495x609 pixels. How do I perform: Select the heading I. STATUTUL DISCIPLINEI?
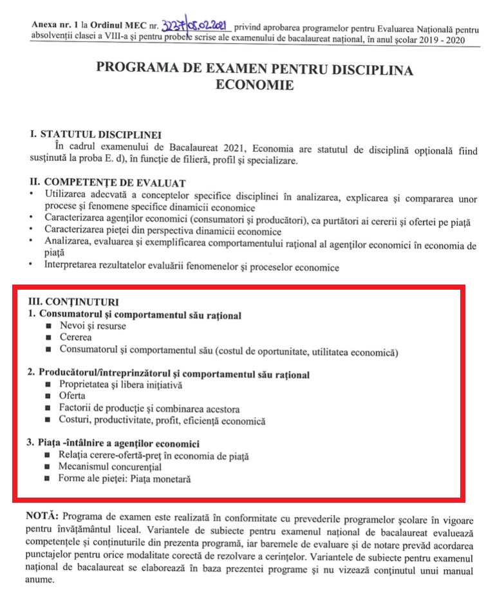coord(95,135)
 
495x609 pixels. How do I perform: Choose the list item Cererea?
coord(75,338)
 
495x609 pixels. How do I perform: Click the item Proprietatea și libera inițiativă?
coord(121,385)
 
